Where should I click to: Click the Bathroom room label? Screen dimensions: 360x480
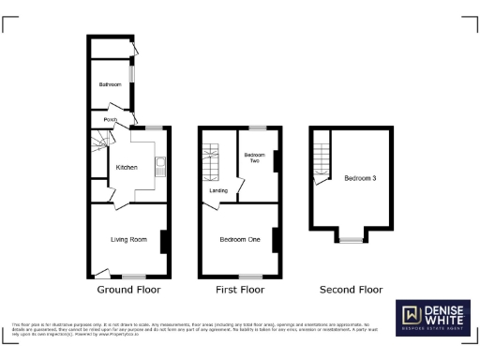(111, 84)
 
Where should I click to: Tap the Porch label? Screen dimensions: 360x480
(111, 120)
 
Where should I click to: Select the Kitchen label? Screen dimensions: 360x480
(126, 167)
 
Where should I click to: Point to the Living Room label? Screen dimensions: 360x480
(129, 240)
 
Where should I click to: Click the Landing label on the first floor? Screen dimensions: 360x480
(218, 191)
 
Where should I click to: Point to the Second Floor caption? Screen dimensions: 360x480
(348, 289)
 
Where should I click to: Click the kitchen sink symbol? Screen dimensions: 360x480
(160, 168)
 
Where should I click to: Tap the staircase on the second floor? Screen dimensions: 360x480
(322, 153)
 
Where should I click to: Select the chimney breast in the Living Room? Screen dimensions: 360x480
(164, 241)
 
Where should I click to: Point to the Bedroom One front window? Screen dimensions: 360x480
(249, 277)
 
